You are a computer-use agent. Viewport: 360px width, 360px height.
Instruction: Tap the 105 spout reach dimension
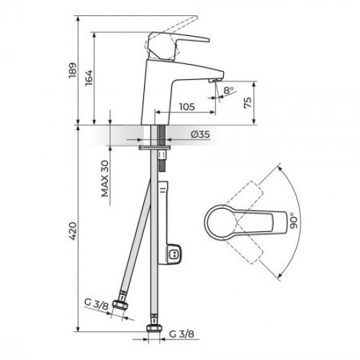click(x=186, y=107)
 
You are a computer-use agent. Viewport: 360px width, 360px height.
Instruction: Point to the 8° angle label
click(x=229, y=91)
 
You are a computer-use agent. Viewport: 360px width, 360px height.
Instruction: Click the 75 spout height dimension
click(x=248, y=102)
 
